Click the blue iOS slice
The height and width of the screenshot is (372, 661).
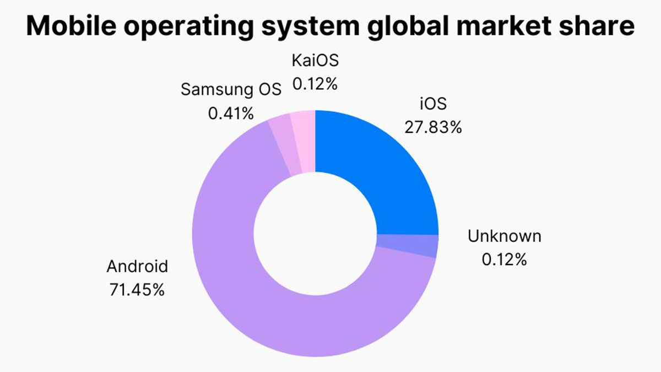tap(380, 165)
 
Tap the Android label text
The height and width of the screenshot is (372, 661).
tap(137, 267)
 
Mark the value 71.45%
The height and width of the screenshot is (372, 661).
tap(137, 290)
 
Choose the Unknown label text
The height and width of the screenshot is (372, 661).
tap(504, 236)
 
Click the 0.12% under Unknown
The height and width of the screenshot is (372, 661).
tap(504, 259)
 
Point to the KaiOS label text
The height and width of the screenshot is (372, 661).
tap(315, 61)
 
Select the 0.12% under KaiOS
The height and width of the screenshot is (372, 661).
tap(315, 84)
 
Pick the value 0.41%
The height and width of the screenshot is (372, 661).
tap(231, 113)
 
